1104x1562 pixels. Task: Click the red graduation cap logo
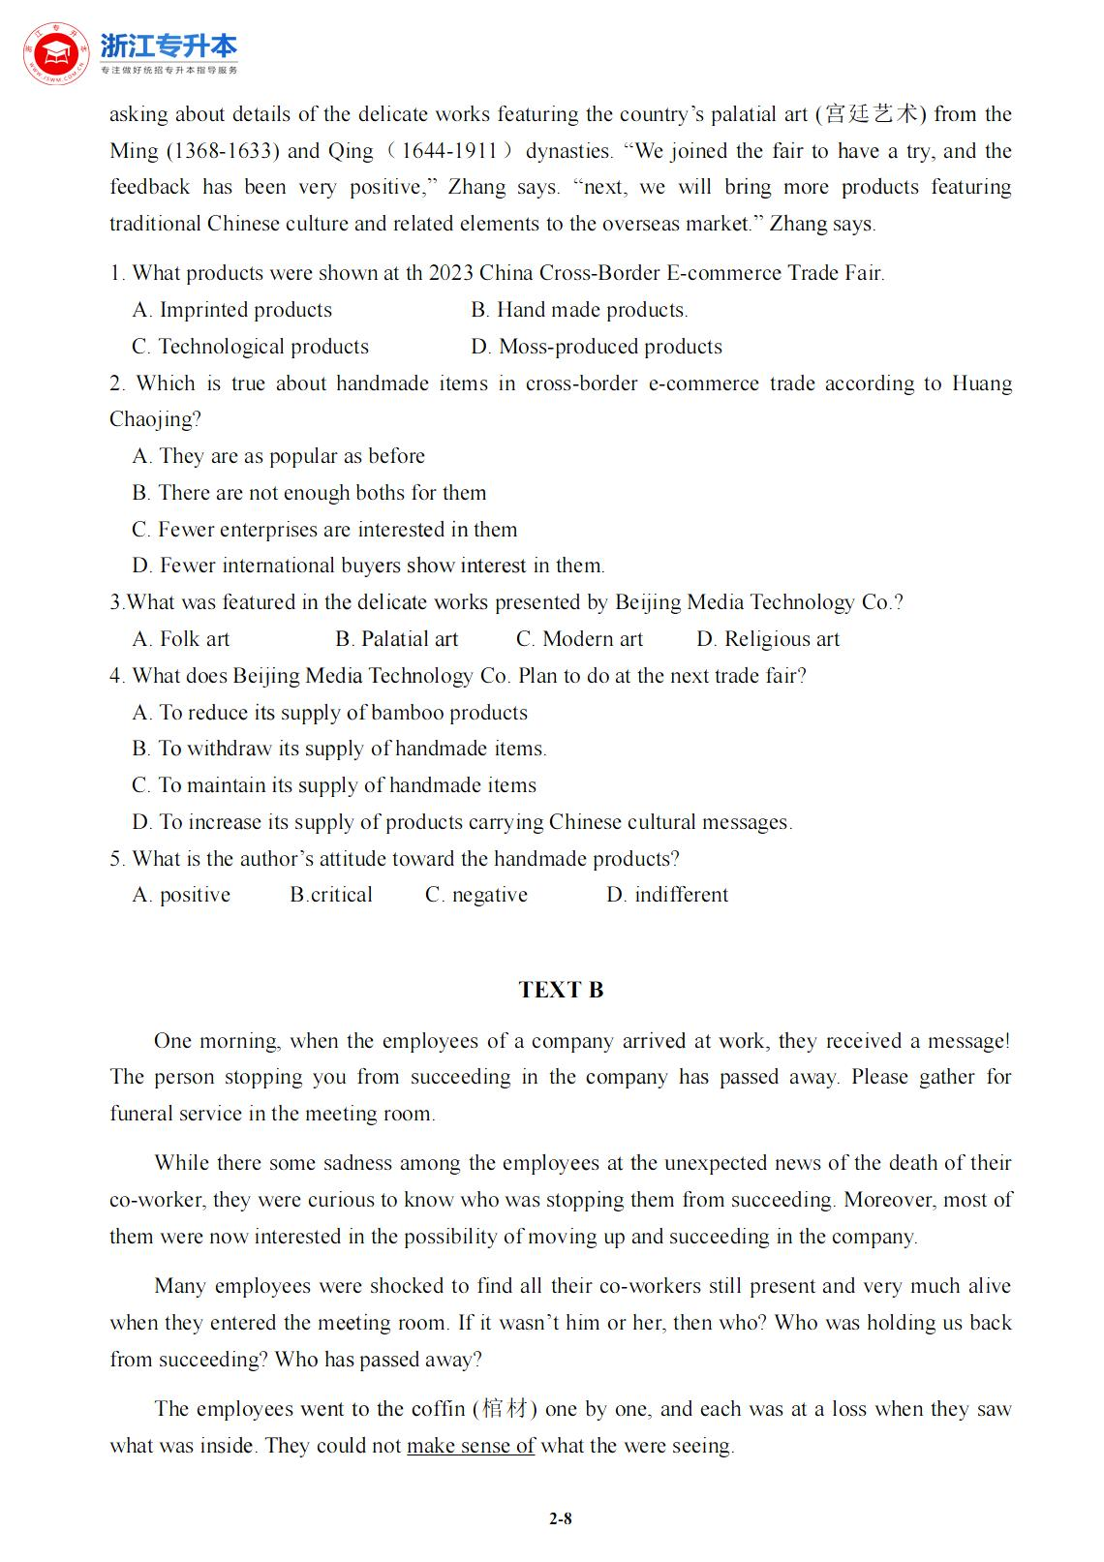click(55, 53)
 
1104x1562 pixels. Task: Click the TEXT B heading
click(561, 990)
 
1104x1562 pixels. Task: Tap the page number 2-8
click(561, 1518)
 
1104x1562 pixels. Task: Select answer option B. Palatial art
click(397, 639)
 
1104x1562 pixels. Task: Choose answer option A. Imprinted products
click(232, 310)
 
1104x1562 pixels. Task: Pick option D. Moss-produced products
click(597, 347)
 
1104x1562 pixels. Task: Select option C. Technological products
click(251, 347)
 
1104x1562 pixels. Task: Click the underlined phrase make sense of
click(471, 1446)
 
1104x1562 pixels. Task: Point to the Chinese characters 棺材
click(505, 1409)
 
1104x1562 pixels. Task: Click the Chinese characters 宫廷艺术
click(871, 114)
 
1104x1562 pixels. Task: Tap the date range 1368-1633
click(223, 151)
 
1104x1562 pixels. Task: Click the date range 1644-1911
click(456, 151)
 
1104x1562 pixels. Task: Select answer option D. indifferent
click(667, 895)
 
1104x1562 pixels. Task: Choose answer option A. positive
click(182, 895)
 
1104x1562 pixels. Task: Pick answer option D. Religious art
click(768, 639)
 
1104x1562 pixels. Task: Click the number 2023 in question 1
click(450, 273)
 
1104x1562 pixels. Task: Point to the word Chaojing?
click(155, 419)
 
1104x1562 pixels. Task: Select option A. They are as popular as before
click(279, 456)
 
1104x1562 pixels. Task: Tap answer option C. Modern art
click(579, 639)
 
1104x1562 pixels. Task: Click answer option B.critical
click(331, 895)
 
